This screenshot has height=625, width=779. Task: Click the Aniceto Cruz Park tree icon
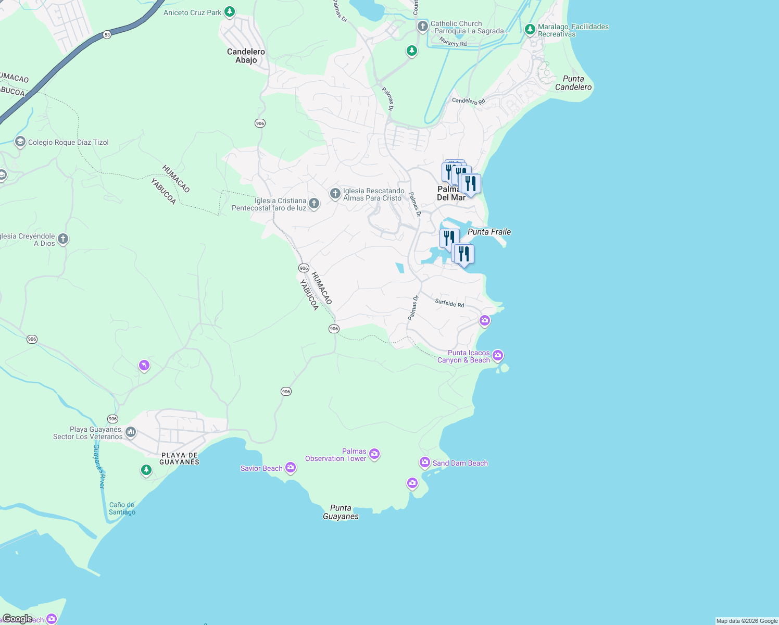229,12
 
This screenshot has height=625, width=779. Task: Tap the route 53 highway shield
107,35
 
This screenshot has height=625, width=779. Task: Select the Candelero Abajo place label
246,56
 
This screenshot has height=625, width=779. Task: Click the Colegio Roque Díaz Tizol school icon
20,142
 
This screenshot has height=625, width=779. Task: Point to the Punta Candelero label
573,83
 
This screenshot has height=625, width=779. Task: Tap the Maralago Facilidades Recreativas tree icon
530,30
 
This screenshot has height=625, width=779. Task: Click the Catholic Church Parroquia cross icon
422,26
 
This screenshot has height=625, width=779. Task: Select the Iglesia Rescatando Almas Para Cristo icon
335,194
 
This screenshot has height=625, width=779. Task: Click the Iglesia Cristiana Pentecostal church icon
314,204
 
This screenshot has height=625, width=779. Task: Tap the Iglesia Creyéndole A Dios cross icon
63,239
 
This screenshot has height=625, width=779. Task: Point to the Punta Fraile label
489,232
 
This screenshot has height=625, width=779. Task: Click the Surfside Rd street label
449,303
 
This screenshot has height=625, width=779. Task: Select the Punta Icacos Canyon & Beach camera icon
498,355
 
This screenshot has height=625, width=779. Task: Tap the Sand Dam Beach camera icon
425,462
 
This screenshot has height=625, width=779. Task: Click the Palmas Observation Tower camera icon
374,454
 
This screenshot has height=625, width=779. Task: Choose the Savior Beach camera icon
291,468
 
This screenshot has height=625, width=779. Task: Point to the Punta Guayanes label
341,512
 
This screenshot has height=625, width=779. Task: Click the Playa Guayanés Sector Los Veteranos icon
131,432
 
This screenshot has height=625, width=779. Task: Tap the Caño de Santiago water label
122,508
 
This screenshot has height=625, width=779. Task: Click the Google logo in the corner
17,619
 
